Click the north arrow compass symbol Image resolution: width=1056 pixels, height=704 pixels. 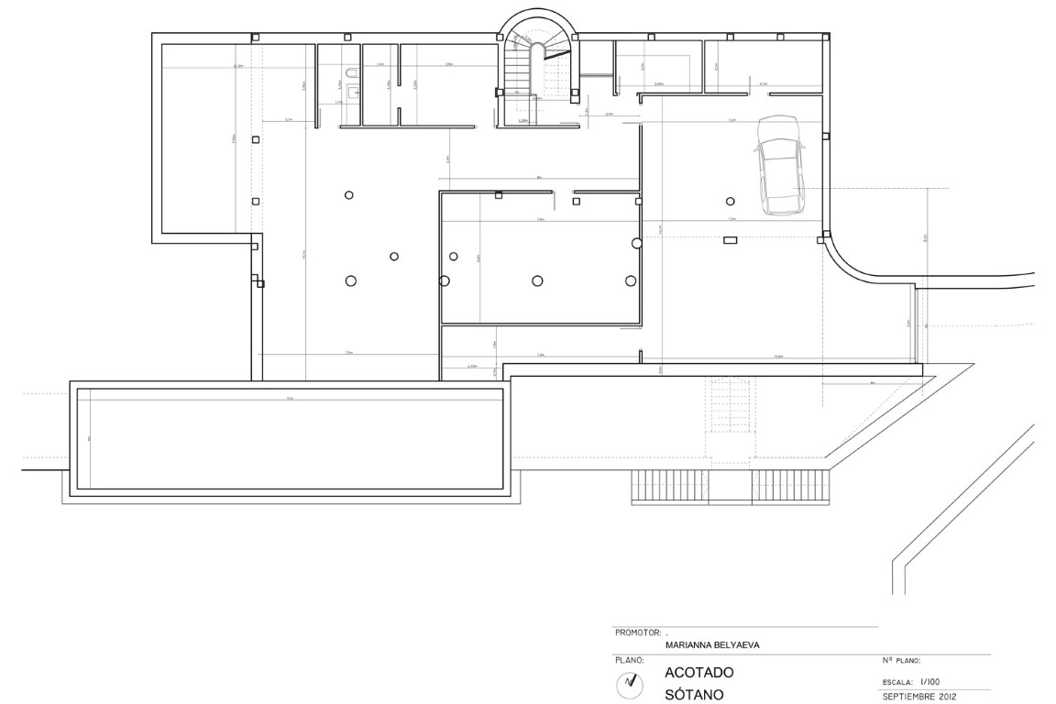(x=629, y=681)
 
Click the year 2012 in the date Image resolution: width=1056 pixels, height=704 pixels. (x=944, y=696)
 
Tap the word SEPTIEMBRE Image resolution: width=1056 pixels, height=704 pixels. (x=906, y=696)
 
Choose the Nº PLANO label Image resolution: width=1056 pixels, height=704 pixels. (x=900, y=660)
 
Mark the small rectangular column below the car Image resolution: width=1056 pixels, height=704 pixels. (x=731, y=240)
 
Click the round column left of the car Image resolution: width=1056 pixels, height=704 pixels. (x=731, y=201)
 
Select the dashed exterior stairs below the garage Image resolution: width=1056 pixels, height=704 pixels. (x=729, y=412)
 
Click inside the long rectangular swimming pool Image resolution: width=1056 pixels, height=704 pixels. (x=290, y=439)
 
